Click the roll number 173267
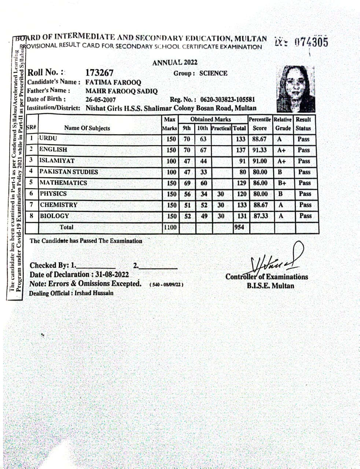tap(99, 73)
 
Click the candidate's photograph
tap(296, 89)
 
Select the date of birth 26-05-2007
tap(100, 100)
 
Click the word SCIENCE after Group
tap(213, 73)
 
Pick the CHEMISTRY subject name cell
tap(59, 205)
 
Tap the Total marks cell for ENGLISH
tap(240, 150)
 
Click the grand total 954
tap(239, 227)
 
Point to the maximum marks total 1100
tap(170, 227)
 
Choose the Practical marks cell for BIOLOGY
tap(221, 216)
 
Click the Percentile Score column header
tap(260, 124)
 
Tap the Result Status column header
tap(303, 124)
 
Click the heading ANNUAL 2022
tap(175, 62)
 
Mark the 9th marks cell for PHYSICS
tap(187, 194)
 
